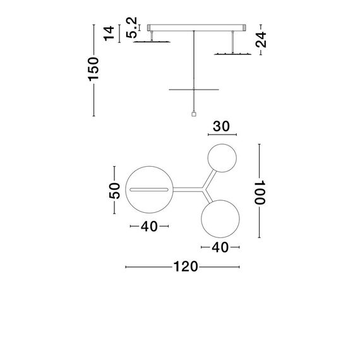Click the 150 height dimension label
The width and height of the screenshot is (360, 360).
coord(94,69)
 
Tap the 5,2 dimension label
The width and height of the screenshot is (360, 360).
coord(132,29)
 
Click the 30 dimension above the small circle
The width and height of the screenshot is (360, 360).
coord(220,126)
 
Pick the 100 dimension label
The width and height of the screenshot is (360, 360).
coord(258,191)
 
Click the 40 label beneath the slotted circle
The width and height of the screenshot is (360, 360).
coord(149,226)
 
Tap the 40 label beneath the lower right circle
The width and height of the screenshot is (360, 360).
coord(220,248)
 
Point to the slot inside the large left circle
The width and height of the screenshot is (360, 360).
coord(149,189)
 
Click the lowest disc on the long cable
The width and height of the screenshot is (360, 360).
coord(193,88)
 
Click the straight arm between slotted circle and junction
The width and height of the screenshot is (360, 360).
coord(184,189)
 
